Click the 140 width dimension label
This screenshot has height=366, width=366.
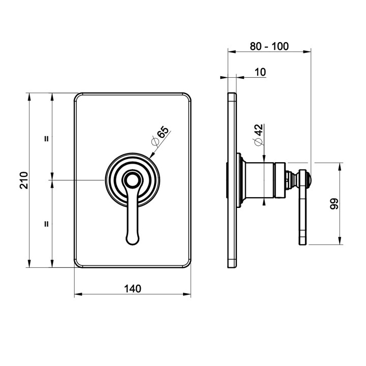coord(132,289)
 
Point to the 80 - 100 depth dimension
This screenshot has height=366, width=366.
coord(269,46)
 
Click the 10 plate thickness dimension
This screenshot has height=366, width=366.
coord(259,72)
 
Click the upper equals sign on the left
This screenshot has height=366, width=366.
coord(46,138)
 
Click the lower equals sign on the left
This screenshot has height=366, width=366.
coord(46,223)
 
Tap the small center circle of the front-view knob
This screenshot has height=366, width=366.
coord(133,179)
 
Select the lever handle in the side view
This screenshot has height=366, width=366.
coord(303,206)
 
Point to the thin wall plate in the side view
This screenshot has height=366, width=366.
coord(232,180)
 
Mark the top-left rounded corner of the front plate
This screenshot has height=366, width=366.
coord(78,97)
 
